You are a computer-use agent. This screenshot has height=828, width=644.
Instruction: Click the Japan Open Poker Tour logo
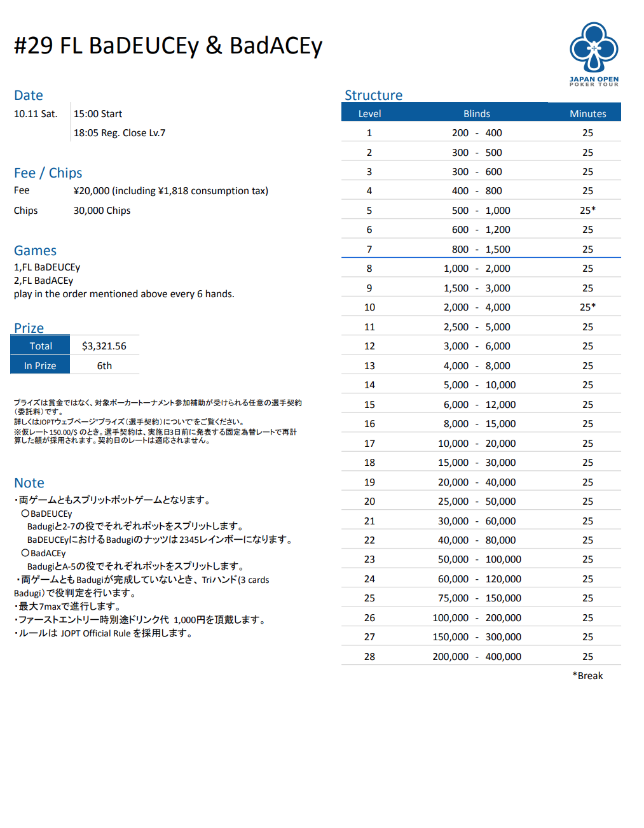click(594, 53)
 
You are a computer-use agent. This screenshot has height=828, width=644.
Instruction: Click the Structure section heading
click(373, 95)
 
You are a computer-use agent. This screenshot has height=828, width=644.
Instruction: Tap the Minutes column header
click(587, 114)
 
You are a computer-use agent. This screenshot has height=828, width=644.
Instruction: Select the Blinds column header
click(476, 114)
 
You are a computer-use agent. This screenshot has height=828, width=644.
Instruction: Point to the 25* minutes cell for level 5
click(587, 211)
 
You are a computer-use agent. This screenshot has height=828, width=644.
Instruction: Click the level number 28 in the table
click(369, 657)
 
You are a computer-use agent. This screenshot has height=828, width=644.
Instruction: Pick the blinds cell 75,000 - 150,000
click(476, 598)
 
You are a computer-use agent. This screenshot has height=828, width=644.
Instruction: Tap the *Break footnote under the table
click(587, 676)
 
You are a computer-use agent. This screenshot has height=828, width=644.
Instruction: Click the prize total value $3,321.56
click(104, 346)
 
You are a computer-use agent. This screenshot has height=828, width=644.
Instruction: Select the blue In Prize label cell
click(40, 366)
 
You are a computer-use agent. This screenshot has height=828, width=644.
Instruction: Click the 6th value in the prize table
click(104, 366)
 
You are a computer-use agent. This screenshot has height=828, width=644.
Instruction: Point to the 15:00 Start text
click(98, 114)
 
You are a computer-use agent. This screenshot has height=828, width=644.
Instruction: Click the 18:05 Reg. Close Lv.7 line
click(120, 133)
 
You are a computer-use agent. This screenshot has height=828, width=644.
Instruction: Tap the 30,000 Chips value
click(102, 211)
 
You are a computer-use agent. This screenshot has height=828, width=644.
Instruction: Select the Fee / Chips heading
click(48, 173)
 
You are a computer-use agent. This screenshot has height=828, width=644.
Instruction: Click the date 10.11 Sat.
click(36, 114)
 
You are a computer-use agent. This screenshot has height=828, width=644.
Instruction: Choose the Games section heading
click(35, 251)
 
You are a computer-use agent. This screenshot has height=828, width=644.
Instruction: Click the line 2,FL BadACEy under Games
click(43, 281)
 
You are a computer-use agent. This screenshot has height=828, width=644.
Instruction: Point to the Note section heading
click(29, 483)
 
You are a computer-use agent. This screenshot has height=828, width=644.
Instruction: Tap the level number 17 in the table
click(369, 444)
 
